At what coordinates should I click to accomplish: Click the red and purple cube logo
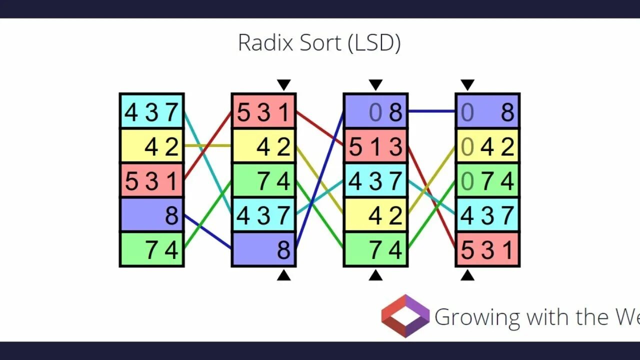(x=405, y=315)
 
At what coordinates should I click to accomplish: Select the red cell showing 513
(x=375, y=146)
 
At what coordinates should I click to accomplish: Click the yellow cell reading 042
(x=487, y=146)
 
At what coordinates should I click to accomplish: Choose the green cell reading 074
(x=487, y=180)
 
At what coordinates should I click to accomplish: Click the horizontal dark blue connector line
(x=431, y=111)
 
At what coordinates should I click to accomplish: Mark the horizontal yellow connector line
(x=207, y=145)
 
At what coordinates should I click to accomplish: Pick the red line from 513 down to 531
(x=431, y=197)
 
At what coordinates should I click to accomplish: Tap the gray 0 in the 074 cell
(x=467, y=181)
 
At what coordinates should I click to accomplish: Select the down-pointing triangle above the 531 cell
(x=284, y=85)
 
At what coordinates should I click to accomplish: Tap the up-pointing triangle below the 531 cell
(x=467, y=274)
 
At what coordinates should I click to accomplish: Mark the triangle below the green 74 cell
(x=375, y=274)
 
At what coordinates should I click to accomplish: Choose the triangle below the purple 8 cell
(x=284, y=274)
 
